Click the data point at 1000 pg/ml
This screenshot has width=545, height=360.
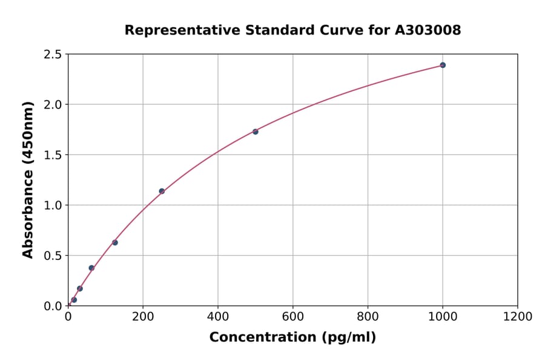tap(443, 65)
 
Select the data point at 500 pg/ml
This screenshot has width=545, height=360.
tap(256, 132)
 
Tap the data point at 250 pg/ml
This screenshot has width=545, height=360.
tap(162, 191)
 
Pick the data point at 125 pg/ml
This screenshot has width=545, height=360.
tap(115, 242)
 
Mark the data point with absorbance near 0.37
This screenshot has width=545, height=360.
tap(91, 268)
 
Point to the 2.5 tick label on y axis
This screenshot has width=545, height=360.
tap(53, 55)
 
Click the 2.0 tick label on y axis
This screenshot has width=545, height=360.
tap(53, 105)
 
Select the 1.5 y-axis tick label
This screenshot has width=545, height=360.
tap(53, 155)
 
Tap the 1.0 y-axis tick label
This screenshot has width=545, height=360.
tap(53, 205)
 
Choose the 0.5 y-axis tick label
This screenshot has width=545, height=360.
tap(53, 256)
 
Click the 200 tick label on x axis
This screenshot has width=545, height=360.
tap(143, 316)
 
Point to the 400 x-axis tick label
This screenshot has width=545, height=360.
tap(218, 316)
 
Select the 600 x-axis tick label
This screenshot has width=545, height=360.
tap(293, 316)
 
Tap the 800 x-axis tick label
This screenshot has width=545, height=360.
tap(368, 316)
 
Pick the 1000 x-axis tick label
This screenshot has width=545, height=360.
tap(443, 316)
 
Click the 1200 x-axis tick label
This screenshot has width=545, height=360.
tap(518, 316)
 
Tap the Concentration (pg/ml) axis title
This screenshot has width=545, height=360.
tap(292, 338)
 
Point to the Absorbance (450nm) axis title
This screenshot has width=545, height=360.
tap(28, 179)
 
